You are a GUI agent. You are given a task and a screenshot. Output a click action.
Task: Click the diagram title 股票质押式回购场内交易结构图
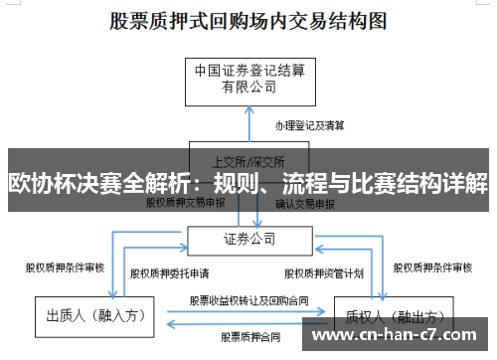[249, 21]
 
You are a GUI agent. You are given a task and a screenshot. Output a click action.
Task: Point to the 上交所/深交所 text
[248, 160]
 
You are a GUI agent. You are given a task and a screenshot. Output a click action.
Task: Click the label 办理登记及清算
[309, 125]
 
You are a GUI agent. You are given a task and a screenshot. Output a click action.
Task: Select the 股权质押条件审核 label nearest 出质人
[65, 267]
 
